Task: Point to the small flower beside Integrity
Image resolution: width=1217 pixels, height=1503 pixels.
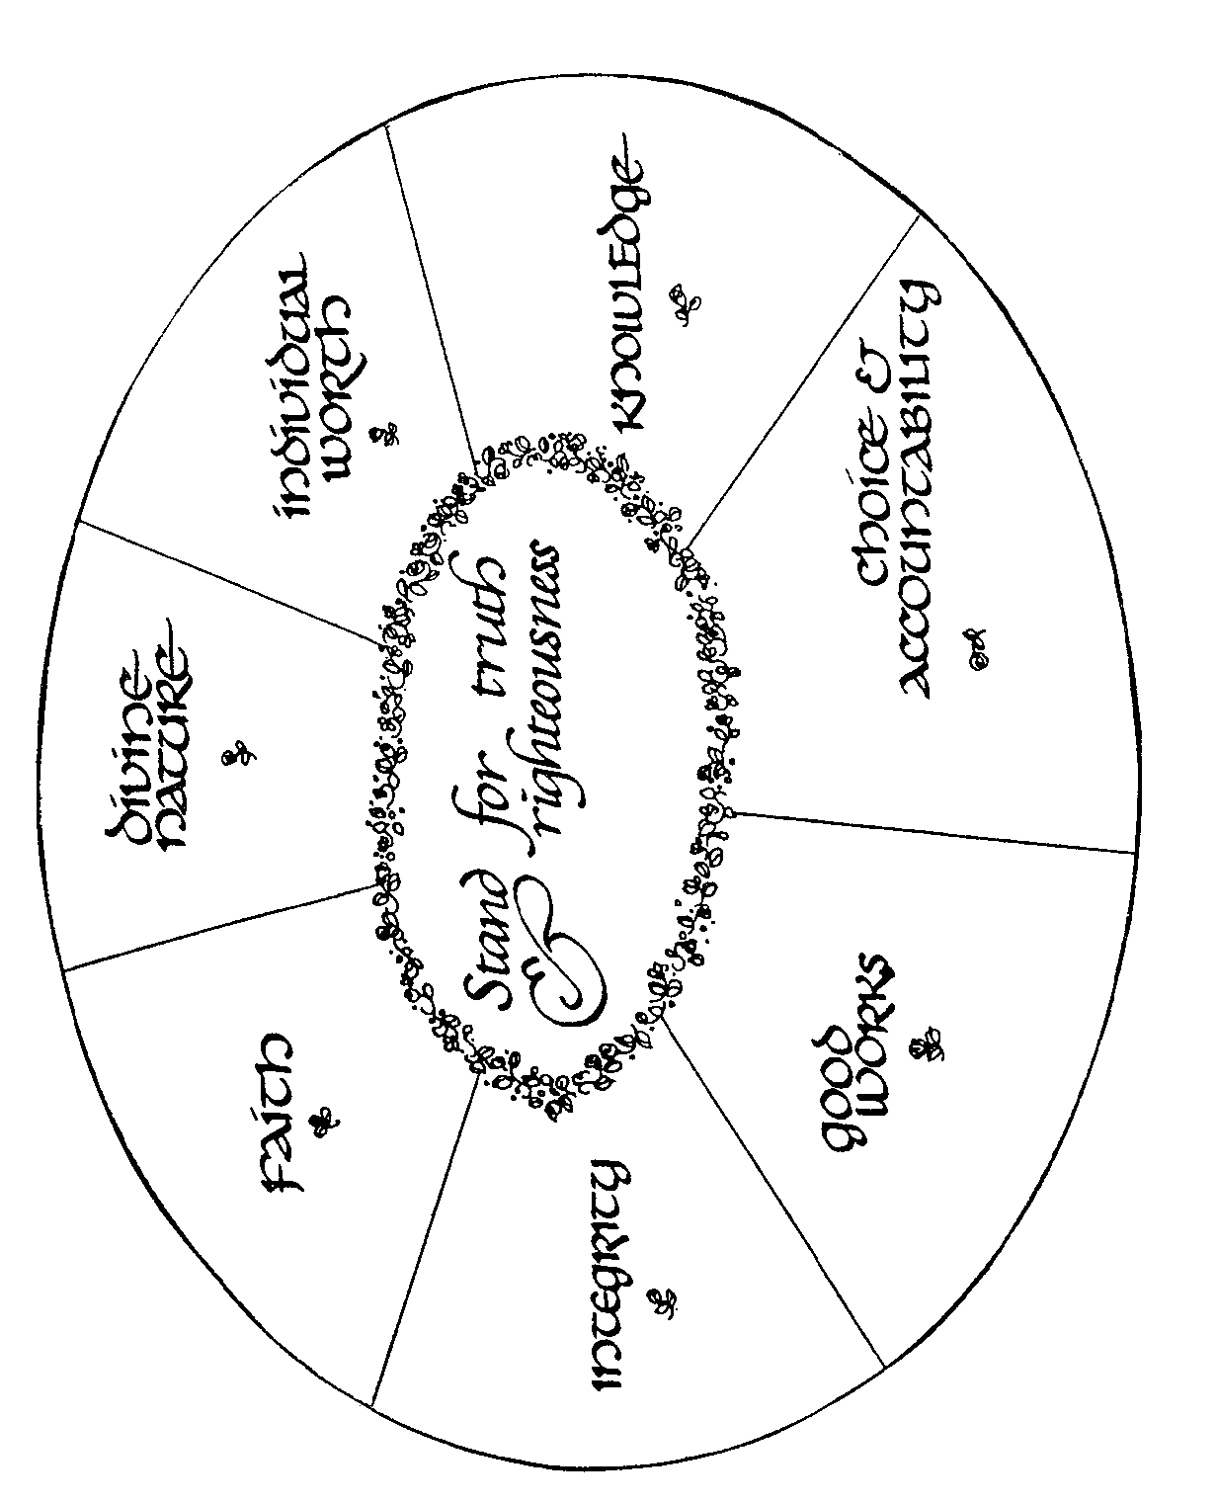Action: click(x=663, y=1301)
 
